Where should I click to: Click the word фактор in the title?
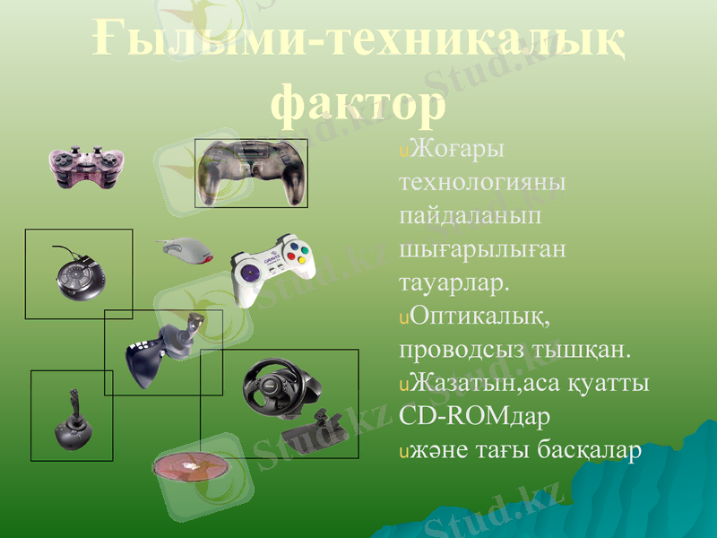[358, 101]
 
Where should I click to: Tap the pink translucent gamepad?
[82, 168]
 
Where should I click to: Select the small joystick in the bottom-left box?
[72, 425]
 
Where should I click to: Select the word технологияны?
[482, 181]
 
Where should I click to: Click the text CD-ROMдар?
[474, 418]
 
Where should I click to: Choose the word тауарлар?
[454, 282]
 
